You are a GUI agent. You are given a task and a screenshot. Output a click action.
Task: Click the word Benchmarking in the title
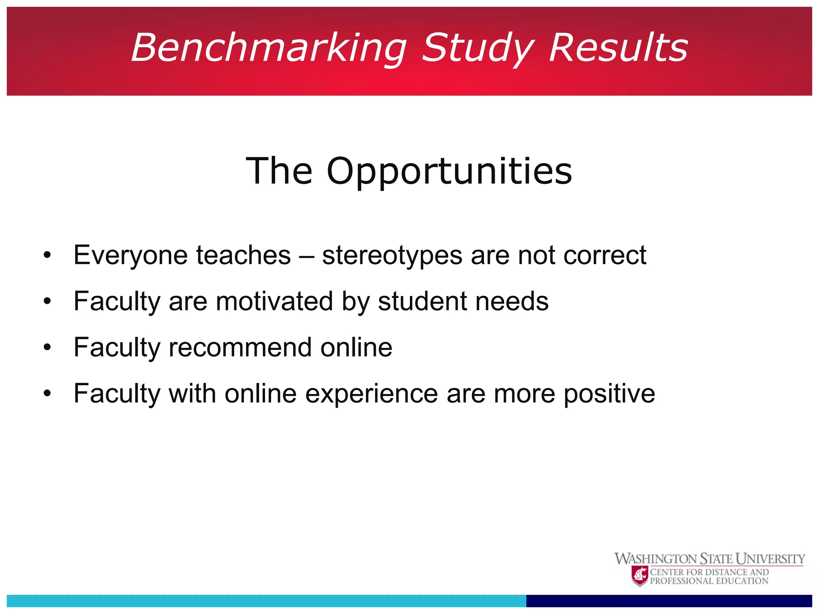click(269, 48)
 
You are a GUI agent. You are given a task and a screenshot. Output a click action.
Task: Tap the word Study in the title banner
click(478, 48)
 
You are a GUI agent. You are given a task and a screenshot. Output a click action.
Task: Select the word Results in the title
click(618, 48)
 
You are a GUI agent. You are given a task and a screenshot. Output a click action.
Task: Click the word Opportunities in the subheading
click(449, 172)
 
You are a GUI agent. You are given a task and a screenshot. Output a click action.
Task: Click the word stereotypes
click(392, 255)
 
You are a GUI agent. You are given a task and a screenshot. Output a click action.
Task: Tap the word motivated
click(274, 301)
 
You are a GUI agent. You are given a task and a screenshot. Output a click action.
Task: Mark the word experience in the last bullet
click(372, 393)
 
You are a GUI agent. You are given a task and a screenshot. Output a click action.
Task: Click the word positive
click(609, 393)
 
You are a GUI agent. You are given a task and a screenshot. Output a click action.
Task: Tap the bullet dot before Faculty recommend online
click(48, 348)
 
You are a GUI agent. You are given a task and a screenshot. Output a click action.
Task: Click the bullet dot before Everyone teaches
click(48, 256)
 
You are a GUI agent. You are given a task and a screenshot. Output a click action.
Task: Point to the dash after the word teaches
click(306, 256)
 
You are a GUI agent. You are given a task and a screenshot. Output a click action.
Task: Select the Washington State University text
click(709, 558)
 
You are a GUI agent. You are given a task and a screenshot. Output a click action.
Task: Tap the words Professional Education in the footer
click(709, 581)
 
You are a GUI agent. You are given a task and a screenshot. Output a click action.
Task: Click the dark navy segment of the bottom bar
click(669, 600)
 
